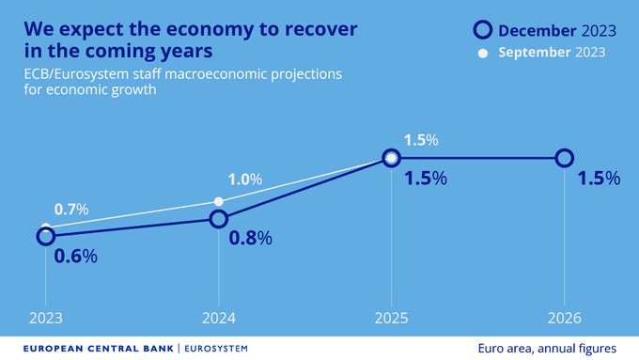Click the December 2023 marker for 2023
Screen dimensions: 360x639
(x=45, y=236)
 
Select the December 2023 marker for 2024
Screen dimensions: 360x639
(x=218, y=219)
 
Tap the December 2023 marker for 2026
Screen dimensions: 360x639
(x=564, y=158)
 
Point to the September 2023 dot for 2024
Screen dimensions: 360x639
(x=218, y=201)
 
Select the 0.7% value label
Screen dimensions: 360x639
(x=70, y=210)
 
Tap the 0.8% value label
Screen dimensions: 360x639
(x=251, y=238)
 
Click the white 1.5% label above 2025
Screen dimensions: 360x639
(x=420, y=140)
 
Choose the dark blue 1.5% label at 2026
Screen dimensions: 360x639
(x=599, y=179)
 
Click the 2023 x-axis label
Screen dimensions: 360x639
(x=45, y=318)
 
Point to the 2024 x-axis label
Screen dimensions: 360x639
(x=218, y=318)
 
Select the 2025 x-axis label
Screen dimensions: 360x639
(x=391, y=318)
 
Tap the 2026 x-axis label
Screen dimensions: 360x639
(x=564, y=318)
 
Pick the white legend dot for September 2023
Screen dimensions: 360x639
(x=483, y=53)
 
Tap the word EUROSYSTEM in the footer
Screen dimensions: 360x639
(x=216, y=348)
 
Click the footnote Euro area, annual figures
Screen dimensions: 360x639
(x=547, y=348)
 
